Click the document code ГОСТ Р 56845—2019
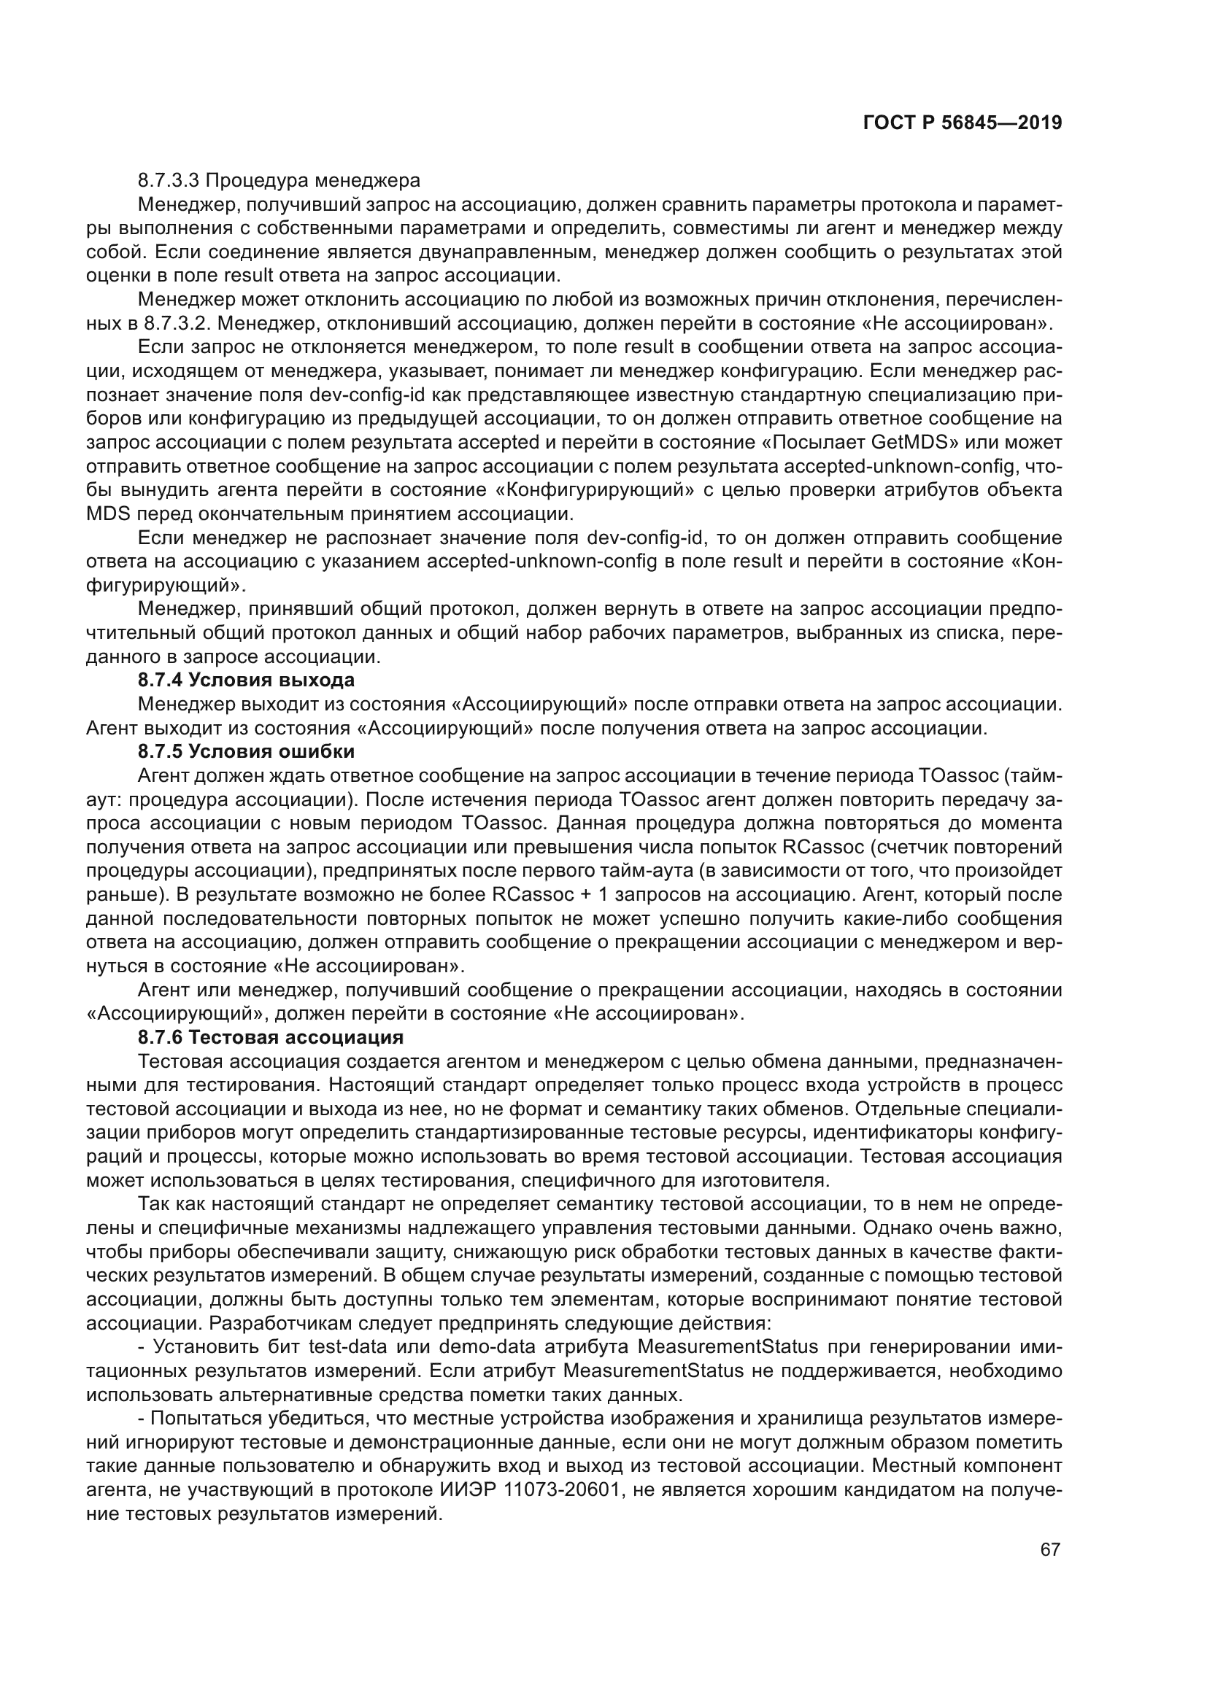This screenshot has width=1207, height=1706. [962, 123]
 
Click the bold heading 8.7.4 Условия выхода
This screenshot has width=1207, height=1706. [246, 680]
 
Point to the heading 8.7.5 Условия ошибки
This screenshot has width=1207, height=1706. [246, 751]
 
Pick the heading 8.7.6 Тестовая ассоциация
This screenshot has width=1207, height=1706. [271, 1036]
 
